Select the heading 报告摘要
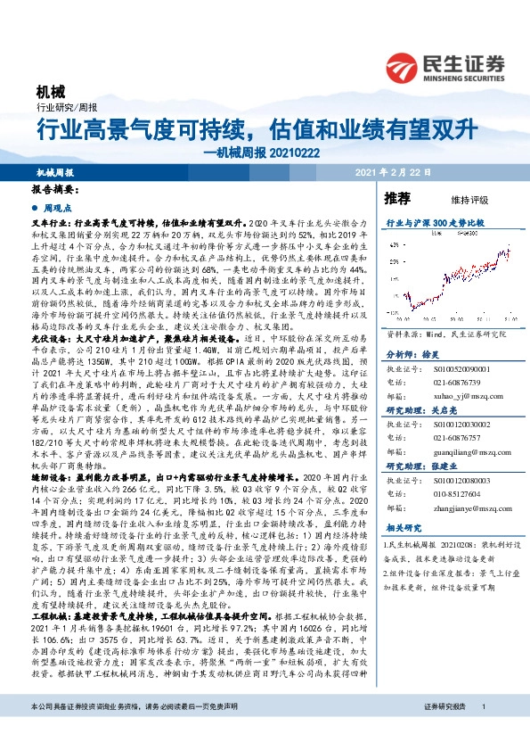(55, 191)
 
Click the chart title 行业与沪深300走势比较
(434, 219)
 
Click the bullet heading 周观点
(59, 206)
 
